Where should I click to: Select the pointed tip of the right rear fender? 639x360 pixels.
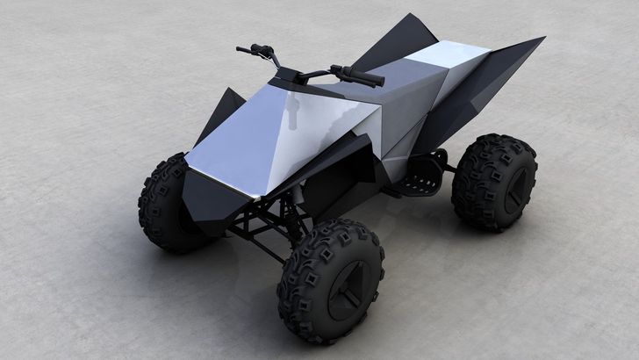coord(540,40)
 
